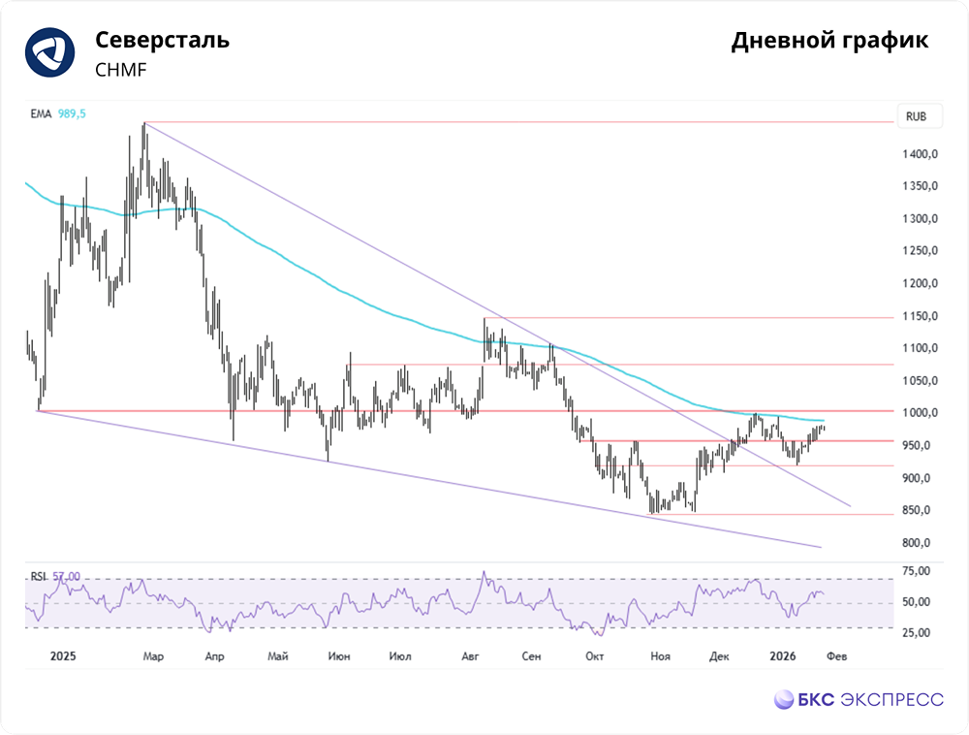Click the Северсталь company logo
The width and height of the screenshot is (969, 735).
coord(50,52)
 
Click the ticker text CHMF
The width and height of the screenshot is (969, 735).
coord(121,70)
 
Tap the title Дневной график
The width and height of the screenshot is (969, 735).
coord(829,41)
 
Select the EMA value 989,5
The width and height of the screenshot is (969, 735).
coord(73,113)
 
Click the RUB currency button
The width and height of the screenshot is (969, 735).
coord(916,116)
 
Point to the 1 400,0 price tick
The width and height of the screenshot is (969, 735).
coord(920,154)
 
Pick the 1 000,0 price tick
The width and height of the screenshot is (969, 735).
coord(920,413)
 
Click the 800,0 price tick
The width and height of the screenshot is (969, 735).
coord(916,543)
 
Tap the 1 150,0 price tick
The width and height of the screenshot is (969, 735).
coord(920,316)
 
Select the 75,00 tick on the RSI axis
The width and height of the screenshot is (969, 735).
coord(916,571)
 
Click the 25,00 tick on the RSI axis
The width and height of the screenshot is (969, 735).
coord(916,633)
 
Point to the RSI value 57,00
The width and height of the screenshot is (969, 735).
coord(66,576)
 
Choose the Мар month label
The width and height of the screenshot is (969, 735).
coord(153,655)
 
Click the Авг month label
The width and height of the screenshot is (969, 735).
coord(470,655)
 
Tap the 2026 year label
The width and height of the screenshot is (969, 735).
coord(782,655)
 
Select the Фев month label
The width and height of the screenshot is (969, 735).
coord(837,655)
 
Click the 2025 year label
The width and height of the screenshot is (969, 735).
coord(63,655)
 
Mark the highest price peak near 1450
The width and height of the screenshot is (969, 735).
coord(144,124)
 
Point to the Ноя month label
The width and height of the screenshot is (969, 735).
coord(660,655)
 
